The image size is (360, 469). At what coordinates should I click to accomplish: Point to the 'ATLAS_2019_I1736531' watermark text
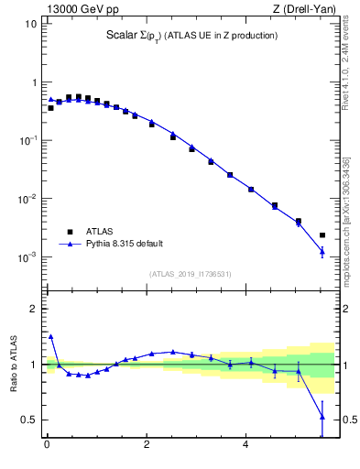pos(191,274)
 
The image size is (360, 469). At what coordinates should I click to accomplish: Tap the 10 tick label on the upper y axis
pos(29,23)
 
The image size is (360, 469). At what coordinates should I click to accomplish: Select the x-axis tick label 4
pos(245,446)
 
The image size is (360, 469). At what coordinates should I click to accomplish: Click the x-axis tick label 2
pos(147,446)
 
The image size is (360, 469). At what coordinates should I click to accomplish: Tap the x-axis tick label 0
pos(47,446)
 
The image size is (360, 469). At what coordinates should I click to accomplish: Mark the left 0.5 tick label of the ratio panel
pos(28,420)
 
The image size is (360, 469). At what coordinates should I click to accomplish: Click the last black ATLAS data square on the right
pos(322,235)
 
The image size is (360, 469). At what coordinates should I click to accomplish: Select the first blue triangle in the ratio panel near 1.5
pos(50,336)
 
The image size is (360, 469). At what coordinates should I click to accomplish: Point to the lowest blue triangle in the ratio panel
pos(322,417)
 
